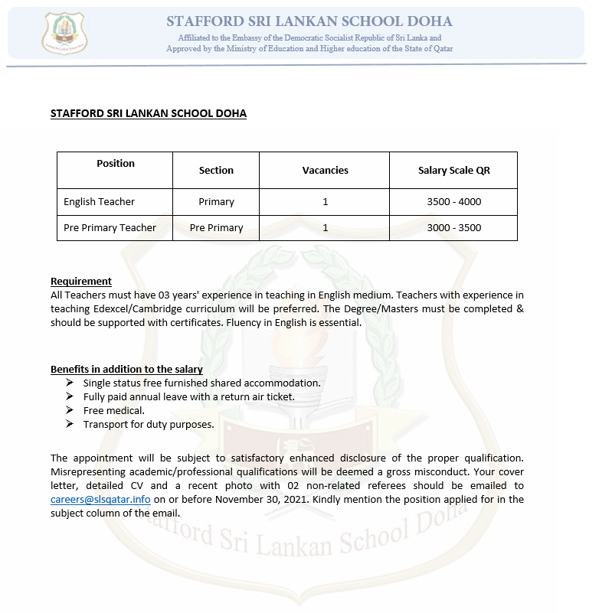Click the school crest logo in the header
[x=64, y=33]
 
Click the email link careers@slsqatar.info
[x=100, y=499]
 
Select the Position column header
[x=116, y=163]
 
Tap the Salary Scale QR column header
[x=453, y=170]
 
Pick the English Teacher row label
[x=99, y=202]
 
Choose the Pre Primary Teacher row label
[x=110, y=228]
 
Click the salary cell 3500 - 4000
[x=453, y=202]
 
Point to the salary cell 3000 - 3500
[x=453, y=228]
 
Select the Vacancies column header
[x=325, y=170]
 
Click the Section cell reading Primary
[x=216, y=202]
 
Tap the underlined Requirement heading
[x=81, y=281]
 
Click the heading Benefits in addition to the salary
[x=126, y=369]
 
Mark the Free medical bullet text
[x=114, y=410]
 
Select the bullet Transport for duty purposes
[x=149, y=424]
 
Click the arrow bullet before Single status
[x=70, y=383]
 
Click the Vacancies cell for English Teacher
[x=325, y=202]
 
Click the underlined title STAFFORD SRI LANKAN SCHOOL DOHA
[x=149, y=113]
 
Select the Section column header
[x=216, y=170]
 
